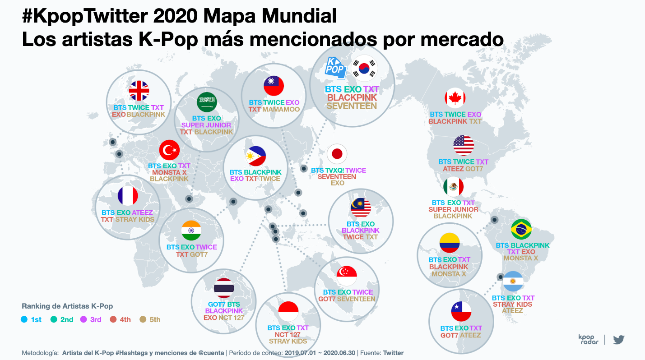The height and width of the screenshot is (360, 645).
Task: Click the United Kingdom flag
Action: tap(139, 91)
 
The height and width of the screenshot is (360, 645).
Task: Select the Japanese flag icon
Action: tap(337, 154)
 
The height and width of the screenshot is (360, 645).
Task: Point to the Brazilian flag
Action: tap(521, 229)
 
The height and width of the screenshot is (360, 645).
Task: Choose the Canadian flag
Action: tap(455, 98)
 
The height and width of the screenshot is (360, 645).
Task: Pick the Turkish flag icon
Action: tap(170, 150)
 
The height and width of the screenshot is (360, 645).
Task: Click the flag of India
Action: tap(191, 231)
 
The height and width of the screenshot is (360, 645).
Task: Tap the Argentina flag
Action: tap(513, 282)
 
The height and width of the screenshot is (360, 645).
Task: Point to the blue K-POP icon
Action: tap(336, 67)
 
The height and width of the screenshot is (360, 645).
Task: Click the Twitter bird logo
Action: tap(619, 339)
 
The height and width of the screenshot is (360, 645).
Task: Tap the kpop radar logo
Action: tap(588, 339)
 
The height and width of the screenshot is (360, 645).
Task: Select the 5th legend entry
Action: tap(150, 319)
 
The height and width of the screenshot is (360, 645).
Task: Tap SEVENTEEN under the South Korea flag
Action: tap(352, 106)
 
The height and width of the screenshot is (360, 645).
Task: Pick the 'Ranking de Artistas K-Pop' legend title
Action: tap(67, 306)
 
